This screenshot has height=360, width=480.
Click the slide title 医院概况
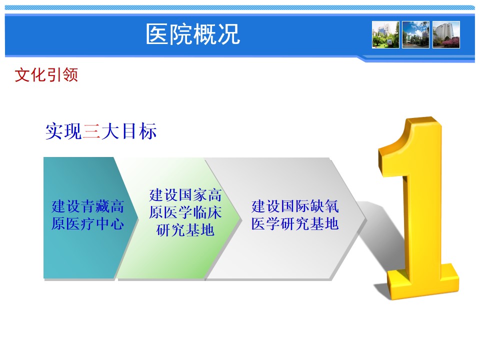click(193, 34)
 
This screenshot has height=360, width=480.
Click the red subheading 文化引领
click(46, 75)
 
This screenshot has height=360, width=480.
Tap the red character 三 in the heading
click(91, 131)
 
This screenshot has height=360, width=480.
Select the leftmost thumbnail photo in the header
click(385, 34)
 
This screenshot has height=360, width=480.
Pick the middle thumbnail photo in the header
click(415, 34)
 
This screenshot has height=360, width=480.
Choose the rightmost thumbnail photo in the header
click(446, 34)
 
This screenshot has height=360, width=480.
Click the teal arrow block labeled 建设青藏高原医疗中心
click(89, 218)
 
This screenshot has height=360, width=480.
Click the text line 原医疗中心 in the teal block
click(87, 224)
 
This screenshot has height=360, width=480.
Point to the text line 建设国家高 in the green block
click(185, 195)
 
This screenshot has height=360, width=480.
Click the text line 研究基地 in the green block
click(185, 230)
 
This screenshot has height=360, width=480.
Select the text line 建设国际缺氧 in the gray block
click(295, 206)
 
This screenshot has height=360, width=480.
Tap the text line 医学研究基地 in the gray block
click(295, 224)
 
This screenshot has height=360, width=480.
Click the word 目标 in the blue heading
click(139, 131)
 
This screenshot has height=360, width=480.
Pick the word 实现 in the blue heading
click(63, 131)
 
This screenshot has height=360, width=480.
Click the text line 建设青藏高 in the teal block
click(87, 206)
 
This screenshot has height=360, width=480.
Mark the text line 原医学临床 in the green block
click(185, 213)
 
